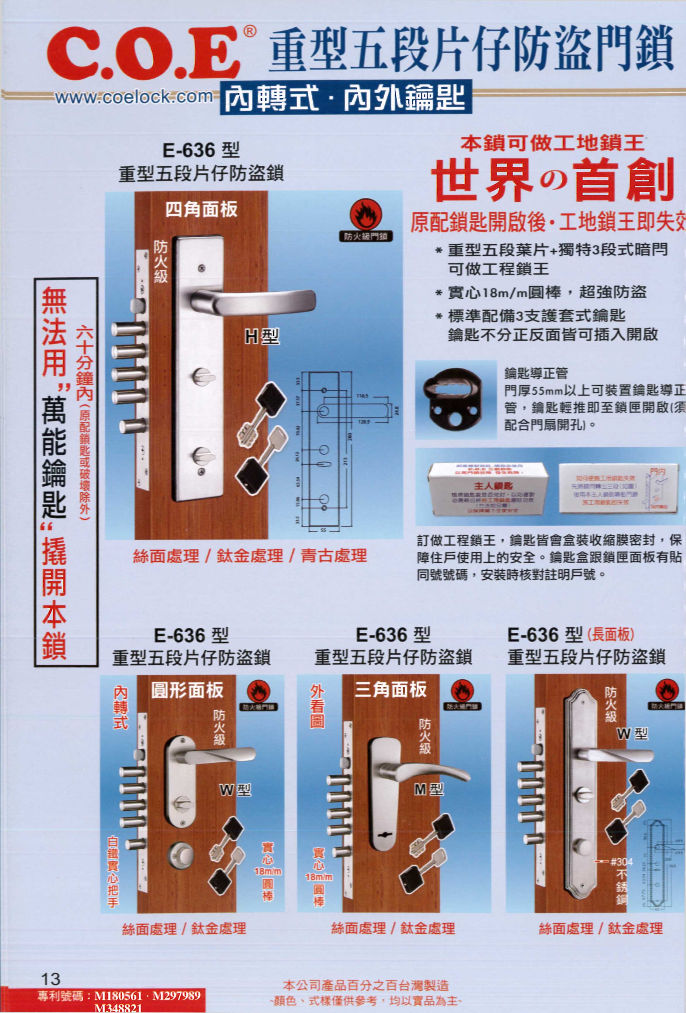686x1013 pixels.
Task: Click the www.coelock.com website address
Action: coord(134,97)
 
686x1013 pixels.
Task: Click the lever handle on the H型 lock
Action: coord(257,301)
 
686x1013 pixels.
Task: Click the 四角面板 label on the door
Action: coord(201,210)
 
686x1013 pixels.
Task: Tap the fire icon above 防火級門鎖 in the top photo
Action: coord(366,215)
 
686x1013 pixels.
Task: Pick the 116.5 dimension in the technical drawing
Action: coord(362,396)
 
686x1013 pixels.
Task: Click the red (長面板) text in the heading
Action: coord(610,635)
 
